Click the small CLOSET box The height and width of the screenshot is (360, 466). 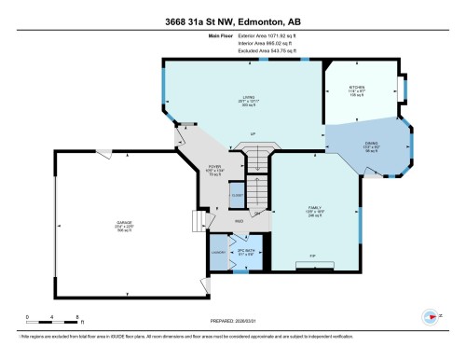point(237,197)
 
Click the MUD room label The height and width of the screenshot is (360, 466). point(213,220)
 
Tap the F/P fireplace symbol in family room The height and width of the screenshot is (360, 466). point(312,265)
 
